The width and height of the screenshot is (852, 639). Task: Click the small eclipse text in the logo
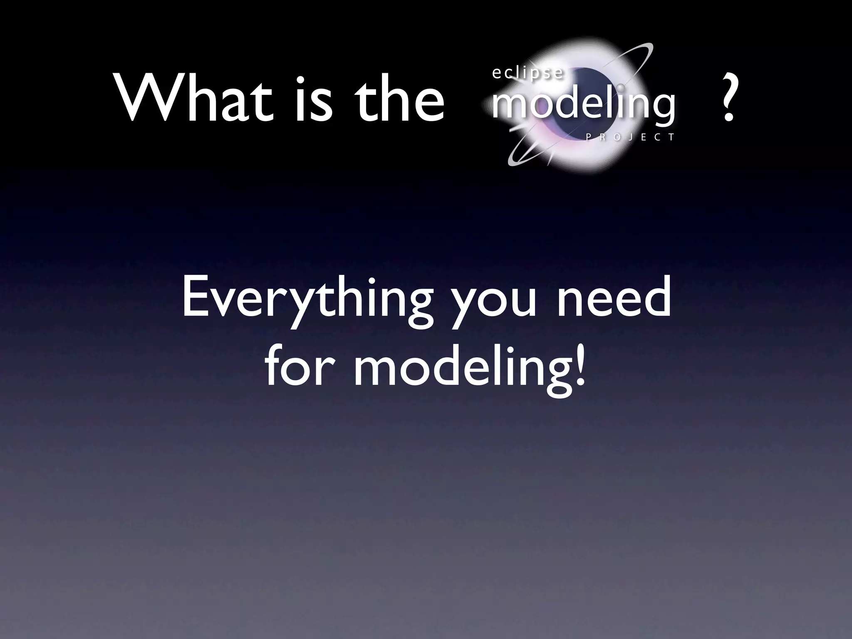[x=528, y=73]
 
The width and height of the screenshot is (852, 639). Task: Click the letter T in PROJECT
[x=671, y=138]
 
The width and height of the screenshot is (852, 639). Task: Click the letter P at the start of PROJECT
[x=588, y=138]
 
